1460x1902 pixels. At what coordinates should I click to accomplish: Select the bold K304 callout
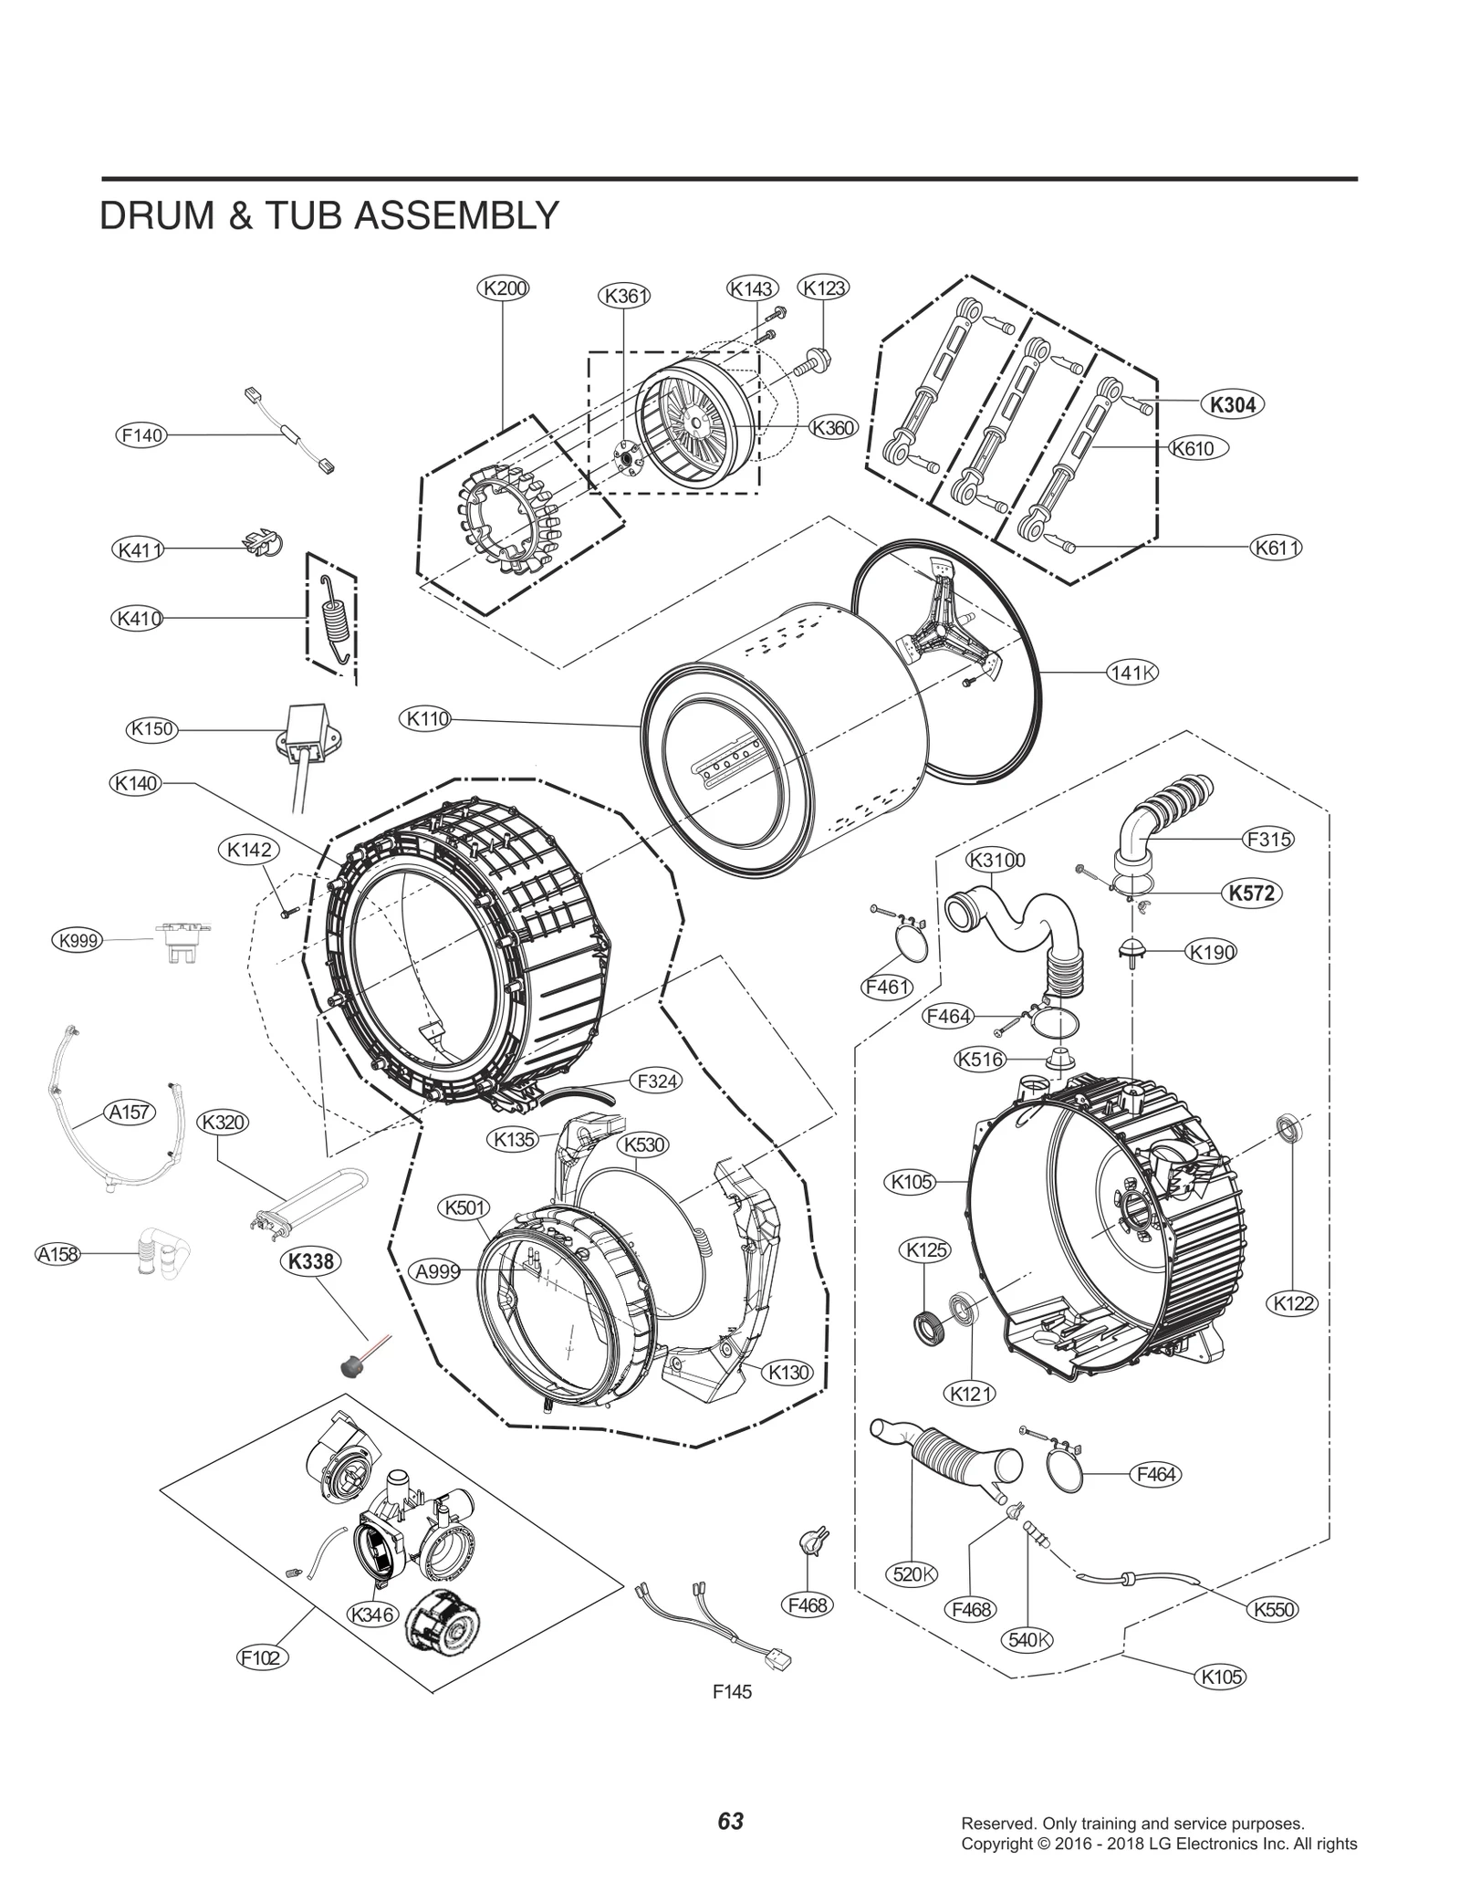click(x=1233, y=404)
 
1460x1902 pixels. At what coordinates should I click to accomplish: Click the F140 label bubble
click(x=142, y=435)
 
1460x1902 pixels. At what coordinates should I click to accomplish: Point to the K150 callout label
click(x=151, y=728)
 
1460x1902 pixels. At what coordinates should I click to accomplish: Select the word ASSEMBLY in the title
click(x=456, y=216)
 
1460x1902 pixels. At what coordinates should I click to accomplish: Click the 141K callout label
click(x=1132, y=673)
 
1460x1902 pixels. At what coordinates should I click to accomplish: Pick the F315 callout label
click(x=1268, y=839)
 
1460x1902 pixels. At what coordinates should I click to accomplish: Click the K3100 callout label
click(x=996, y=860)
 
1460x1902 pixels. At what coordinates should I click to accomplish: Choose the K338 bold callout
click(x=310, y=1261)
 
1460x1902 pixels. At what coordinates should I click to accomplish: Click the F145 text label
click(x=732, y=1692)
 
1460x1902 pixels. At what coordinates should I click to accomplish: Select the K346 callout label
click(x=372, y=1614)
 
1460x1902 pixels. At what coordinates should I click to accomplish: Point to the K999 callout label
click(x=78, y=940)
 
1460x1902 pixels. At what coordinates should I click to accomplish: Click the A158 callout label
click(x=57, y=1254)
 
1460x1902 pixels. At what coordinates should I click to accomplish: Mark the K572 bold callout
click(x=1251, y=893)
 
